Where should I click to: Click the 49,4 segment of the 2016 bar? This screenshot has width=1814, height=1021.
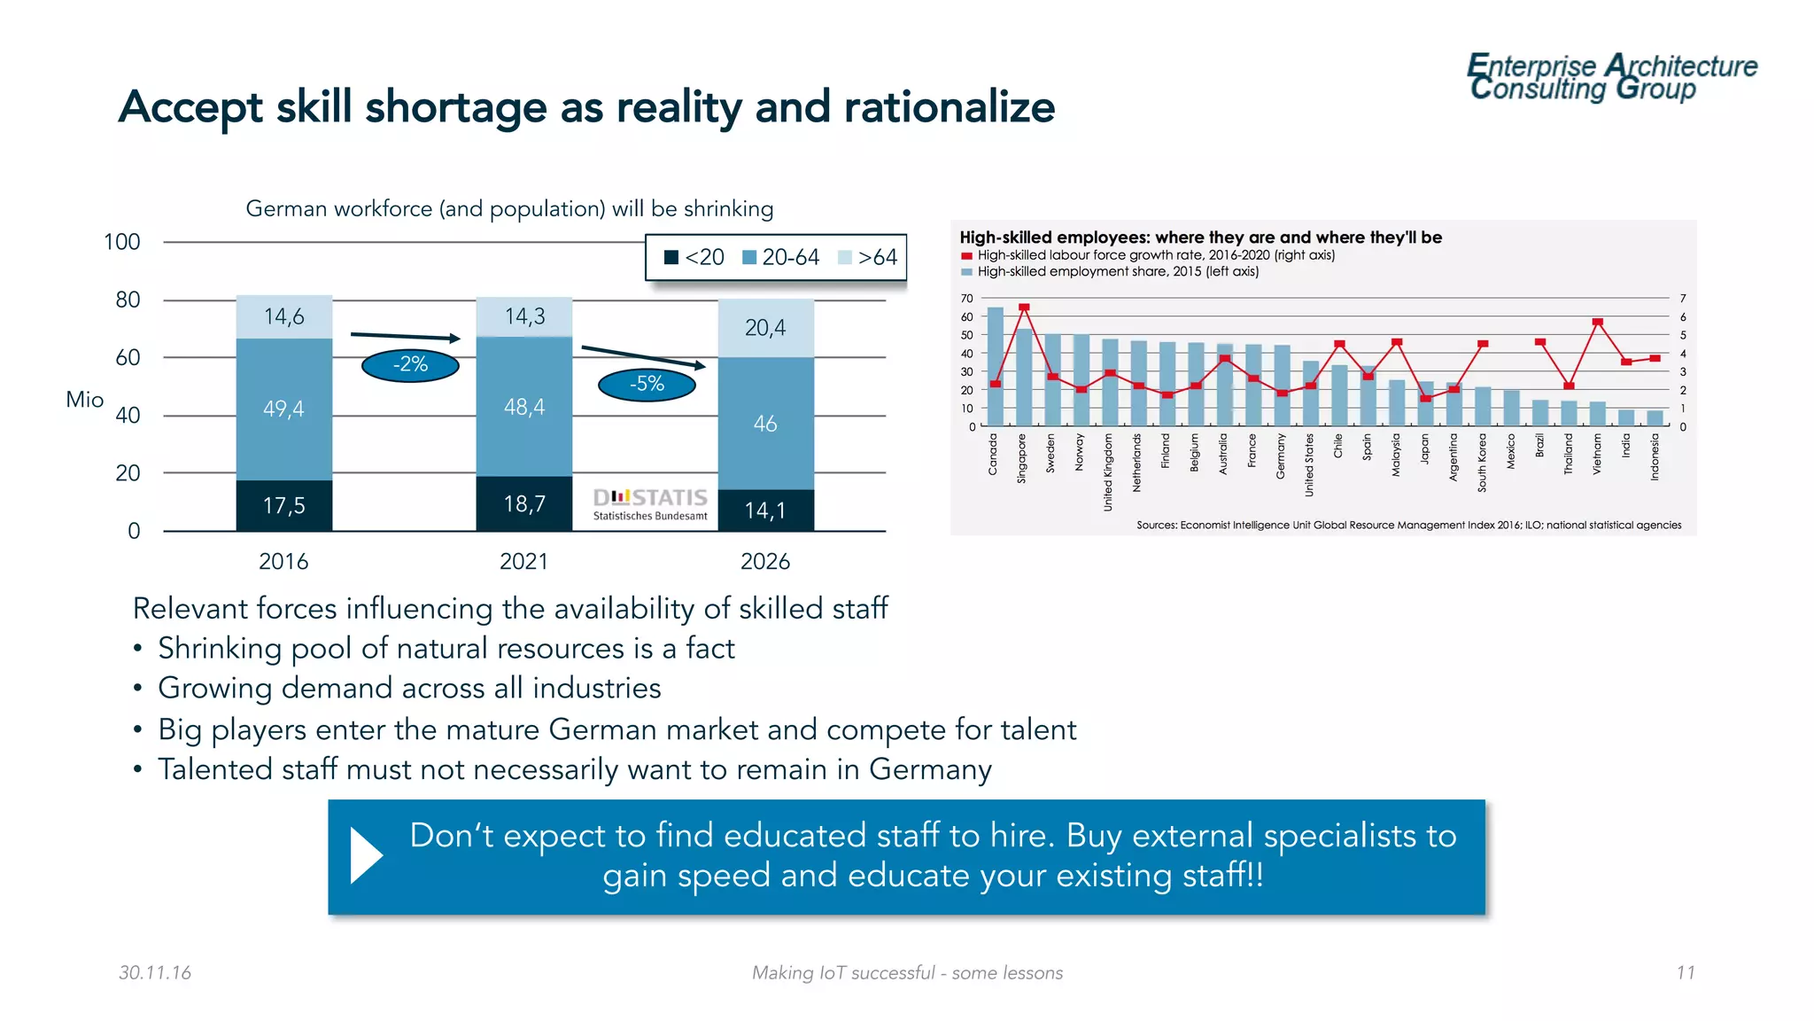pyautogui.click(x=283, y=409)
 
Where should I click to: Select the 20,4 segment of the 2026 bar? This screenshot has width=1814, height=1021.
pyautogui.click(x=765, y=328)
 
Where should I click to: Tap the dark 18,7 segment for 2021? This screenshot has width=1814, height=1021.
pyautogui.click(x=524, y=503)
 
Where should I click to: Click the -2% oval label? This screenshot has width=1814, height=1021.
pyautogui.click(x=410, y=364)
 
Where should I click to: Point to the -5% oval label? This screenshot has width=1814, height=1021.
pyautogui.click(x=647, y=384)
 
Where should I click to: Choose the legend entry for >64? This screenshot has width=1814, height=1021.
pyautogui.click(x=868, y=257)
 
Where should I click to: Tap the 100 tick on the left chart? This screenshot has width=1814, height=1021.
pyautogui.click(x=122, y=242)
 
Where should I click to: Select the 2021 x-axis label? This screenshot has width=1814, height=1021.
pyautogui.click(x=523, y=561)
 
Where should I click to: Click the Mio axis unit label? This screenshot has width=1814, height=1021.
pyautogui.click(x=85, y=400)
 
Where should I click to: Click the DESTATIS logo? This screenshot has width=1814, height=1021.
pyautogui.click(x=650, y=503)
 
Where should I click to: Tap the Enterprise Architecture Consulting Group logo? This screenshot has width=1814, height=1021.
pyautogui.click(x=1611, y=77)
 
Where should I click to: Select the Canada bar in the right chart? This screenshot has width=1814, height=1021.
pyautogui.click(x=995, y=366)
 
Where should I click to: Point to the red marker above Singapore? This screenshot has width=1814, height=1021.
pyautogui.click(x=1024, y=308)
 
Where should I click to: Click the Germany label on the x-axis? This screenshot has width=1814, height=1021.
pyautogui.click(x=1281, y=456)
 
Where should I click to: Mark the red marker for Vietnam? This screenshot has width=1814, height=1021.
pyautogui.click(x=1598, y=323)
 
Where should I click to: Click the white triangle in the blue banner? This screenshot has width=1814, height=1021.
pyautogui.click(x=366, y=855)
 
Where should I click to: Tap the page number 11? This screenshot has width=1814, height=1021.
pyautogui.click(x=1685, y=972)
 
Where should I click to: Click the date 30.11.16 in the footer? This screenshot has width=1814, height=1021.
pyautogui.click(x=155, y=972)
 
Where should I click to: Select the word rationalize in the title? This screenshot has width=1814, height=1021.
pyautogui.click(x=949, y=107)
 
